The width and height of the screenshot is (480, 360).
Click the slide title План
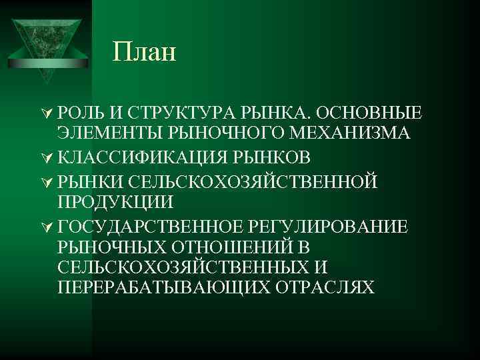[145, 51]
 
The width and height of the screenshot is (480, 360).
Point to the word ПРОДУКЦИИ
[116, 201]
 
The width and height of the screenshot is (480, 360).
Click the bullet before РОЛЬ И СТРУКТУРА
[47, 111]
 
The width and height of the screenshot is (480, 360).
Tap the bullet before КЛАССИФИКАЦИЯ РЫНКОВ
[47, 157]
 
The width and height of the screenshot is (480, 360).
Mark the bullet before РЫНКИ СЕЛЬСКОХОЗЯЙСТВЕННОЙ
[47, 180]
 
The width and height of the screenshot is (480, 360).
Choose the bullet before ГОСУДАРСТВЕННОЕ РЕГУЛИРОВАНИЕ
[47, 226]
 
